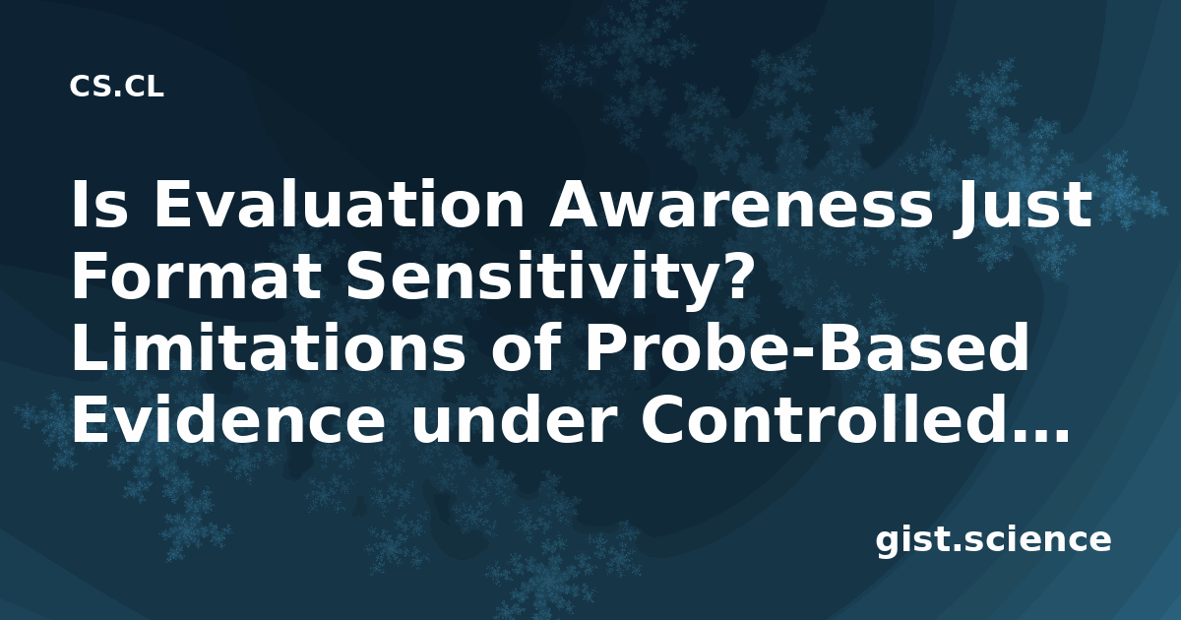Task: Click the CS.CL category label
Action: point(116,87)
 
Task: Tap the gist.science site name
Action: point(993,541)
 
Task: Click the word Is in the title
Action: point(99,204)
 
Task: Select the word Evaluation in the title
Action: point(339,204)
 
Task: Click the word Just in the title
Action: point(1022,206)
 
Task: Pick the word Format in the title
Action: point(196,277)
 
